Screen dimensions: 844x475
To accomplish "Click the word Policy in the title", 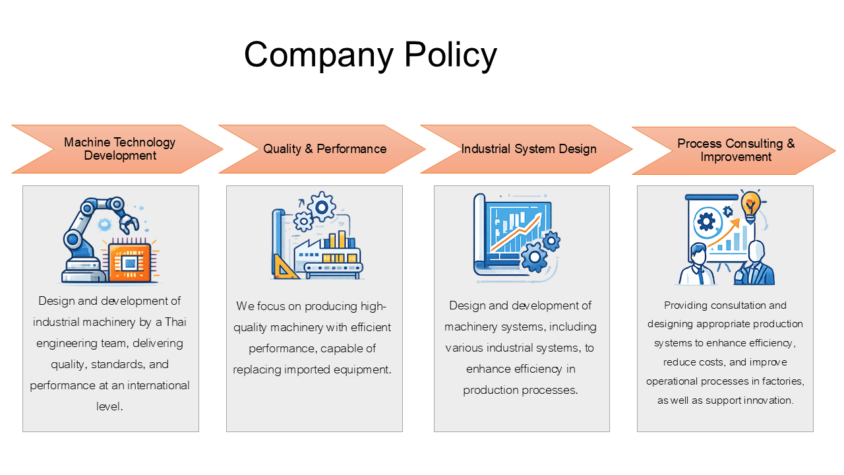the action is pos(450,55).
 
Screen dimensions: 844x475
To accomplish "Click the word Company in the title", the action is pos(318,55).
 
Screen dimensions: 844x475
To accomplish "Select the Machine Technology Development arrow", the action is pos(117,149).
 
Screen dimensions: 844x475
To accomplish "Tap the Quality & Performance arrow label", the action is pos(325,149).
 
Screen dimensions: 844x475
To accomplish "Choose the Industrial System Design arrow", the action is pos(526,149).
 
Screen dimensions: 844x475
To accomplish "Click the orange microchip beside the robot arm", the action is pos(130,261).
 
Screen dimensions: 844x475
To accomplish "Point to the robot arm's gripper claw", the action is pos(129,223).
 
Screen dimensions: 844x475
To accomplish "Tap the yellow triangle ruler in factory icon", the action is pos(284,267).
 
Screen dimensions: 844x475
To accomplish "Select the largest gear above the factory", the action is pos(321,206).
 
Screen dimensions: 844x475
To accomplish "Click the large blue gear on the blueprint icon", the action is pos(534,257).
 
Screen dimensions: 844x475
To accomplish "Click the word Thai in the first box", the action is pos(175,322).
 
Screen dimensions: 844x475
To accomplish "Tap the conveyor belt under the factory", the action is pos(334,268).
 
